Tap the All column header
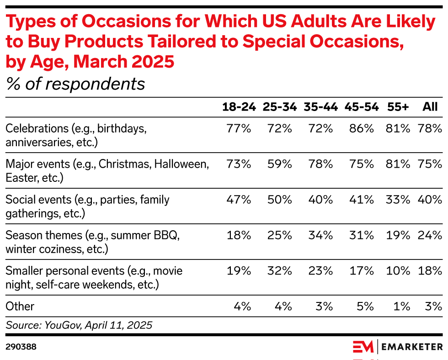tap(430, 107)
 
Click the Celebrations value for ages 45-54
tap(362, 128)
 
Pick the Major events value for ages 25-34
tap(280, 164)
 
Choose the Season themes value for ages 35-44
tap(321, 235)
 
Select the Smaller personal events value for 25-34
tap(280, 271)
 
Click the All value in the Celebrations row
tap(430, 128)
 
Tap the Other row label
tap(20, 306)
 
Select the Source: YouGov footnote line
tap(79, 325)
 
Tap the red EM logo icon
tap(363, 347)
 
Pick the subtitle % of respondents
tap(75, 84)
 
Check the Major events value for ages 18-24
tap(239, 164)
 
